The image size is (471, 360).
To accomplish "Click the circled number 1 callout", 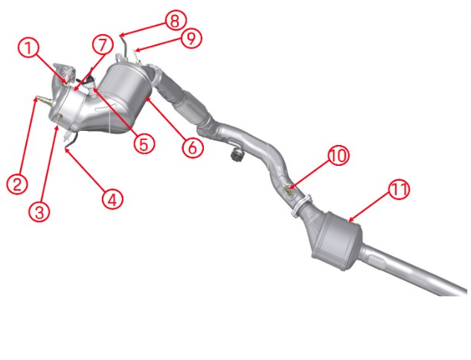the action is tap(29, 49).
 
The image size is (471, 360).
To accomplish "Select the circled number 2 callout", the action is tap(17, 184).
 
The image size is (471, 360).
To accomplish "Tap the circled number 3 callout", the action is tap(39, 211).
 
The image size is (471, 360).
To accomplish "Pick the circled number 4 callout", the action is tap(112, 199).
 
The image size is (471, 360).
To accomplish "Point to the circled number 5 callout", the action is tap(144, 144).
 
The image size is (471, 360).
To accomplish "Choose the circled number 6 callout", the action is tap(193, 147).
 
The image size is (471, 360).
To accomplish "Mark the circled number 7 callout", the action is tap(103, 45).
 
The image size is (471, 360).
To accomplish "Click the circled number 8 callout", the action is tap(176, 21).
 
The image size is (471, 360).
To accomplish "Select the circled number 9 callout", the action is tap(191, 39).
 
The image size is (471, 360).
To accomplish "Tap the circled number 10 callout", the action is tap(339, 156).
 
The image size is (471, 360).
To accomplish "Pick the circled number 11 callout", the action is tap(400, 190).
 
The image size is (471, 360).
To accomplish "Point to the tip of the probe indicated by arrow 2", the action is tap(36, 97).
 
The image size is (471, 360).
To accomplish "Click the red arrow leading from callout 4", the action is tap(85, 169).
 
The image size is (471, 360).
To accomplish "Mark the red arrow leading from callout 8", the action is tap(142, 29).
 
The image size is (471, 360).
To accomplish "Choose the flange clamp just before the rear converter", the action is tap(301, 206).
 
